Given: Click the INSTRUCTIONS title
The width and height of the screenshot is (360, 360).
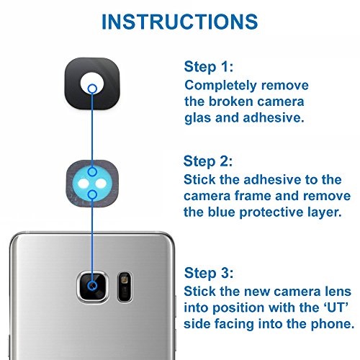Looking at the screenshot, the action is tap(180, 22).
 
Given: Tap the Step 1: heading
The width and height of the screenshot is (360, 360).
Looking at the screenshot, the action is tap(209, 67).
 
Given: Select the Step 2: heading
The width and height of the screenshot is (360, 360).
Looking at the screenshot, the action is tap(208, 161).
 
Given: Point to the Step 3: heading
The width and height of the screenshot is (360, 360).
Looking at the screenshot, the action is tap(209, 273).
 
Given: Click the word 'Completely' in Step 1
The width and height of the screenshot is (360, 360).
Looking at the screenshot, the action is tap(220, 86).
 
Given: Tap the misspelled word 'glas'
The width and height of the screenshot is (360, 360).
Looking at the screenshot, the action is tap(198, 118).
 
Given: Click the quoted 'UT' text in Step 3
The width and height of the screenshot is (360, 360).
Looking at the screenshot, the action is tap(336, 307).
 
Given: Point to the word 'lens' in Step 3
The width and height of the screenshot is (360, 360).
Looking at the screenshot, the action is tap(338, 292).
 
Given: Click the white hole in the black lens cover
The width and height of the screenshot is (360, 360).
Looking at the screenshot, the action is tap(92, 84).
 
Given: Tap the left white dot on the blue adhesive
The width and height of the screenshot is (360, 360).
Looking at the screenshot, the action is tap(84, 184).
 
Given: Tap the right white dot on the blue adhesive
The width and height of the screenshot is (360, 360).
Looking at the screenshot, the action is tap(101, 184).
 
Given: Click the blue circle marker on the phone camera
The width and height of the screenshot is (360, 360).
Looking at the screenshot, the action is tap(92, 286).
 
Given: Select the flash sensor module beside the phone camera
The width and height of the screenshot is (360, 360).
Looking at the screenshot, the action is tap(125, 287).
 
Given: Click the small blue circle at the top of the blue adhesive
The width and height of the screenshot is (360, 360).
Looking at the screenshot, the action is tap(92, 172).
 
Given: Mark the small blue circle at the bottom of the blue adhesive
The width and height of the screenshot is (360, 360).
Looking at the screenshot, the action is tap(92, 194).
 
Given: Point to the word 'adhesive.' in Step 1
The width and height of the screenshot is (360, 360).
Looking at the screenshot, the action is tap(274, 118).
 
